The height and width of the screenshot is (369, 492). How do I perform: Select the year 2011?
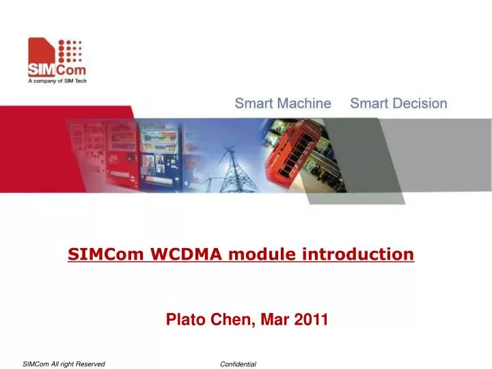[312, 319]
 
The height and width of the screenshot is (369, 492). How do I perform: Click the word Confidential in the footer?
[238, 364]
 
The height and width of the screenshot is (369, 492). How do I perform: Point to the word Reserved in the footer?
[90, 364]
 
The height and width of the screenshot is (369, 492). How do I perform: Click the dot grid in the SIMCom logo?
[70, 51]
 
